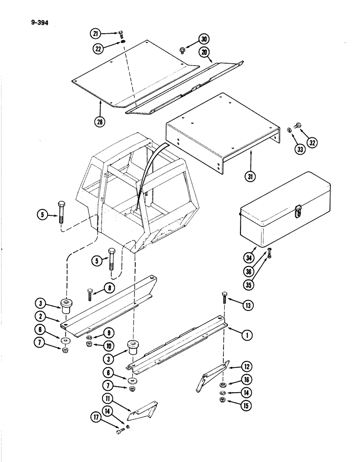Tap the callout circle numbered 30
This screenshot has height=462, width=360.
[x=204, y=40]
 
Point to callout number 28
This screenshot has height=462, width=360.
[x=100, y=122]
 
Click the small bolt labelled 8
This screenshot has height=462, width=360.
[x=90, y=293]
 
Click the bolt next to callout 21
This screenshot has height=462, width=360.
[x=121, y=34]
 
